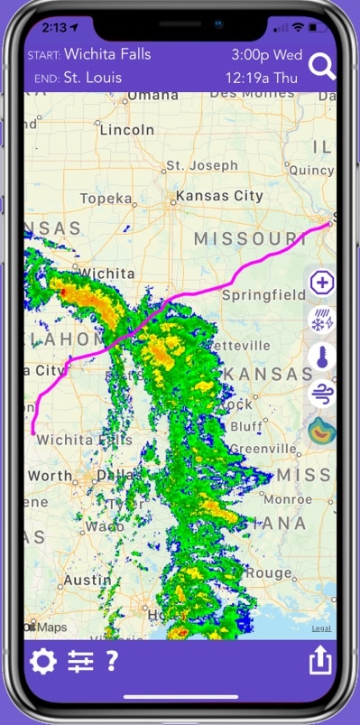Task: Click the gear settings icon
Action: click(x=42, y=662)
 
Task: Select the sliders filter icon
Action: click(x=80, y=662)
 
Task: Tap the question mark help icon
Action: click(x=112, y=661)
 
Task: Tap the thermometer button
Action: click(x=321, y=358)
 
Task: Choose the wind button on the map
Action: click(x=321, y=395)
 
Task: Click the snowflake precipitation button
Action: click(x=321, y=320)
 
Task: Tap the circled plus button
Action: click(x=321, y=283)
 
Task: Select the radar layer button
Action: click(x=321, y=432)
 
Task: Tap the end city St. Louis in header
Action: click(x=93, y=78)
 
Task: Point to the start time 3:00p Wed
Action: click(x=265, y=55)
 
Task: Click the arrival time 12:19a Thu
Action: click(x=261, y=78)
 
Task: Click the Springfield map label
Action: click(x=263, y=295)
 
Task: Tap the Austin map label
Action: click(x=87, y=581)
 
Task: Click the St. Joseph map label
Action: click(x=199, y=166)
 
